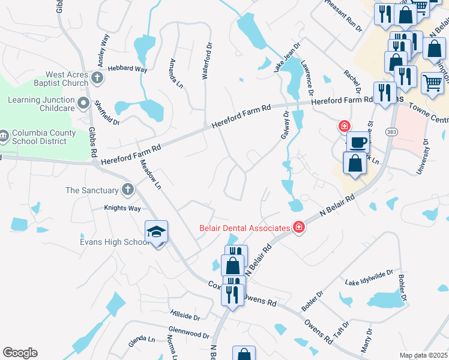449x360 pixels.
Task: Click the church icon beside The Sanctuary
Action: point(127,190)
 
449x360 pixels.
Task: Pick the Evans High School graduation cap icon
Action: point(156,232)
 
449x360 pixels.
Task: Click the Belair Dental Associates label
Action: point(245,227)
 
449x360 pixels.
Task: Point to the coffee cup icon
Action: point(358,143)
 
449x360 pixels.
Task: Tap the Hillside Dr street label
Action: point(185,314)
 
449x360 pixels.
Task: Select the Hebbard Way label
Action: point(127,70)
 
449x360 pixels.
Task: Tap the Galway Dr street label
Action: point(285,125)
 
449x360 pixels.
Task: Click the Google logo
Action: point(20,353)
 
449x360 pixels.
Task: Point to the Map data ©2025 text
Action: point(423,355)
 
